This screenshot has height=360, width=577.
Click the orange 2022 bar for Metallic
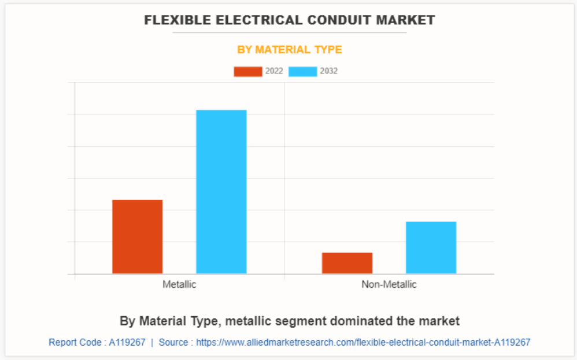tap(137, 236)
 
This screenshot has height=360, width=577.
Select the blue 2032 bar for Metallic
tap(221, 191)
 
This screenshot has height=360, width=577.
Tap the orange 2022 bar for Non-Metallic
tap(347, 263)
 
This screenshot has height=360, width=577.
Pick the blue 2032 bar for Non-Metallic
tap(431, 247)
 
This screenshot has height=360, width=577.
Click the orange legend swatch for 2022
tap(247, 71)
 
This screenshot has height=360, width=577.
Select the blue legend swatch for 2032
tap(302, 71)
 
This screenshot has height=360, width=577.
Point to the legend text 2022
tap(274, 71)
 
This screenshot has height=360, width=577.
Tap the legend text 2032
tap(329, 71)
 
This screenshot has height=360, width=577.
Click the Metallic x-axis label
tap(179, 284)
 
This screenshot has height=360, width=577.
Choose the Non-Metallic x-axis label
tap(389, 284)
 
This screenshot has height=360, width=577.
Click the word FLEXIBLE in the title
tap(172, 20)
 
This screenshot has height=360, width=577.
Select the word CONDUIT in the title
tap(329, 20)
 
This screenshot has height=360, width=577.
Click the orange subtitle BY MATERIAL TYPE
tap(290, 50)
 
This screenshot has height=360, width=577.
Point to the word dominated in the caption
tap(350, 321)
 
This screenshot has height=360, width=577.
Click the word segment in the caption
tap(297, 321)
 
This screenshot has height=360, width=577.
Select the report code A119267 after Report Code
tap(127, 342)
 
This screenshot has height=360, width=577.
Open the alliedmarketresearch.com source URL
tap(363, 342)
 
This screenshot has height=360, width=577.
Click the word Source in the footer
tap(173, 342)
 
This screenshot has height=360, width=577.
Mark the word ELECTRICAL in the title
tap(248, 20)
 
